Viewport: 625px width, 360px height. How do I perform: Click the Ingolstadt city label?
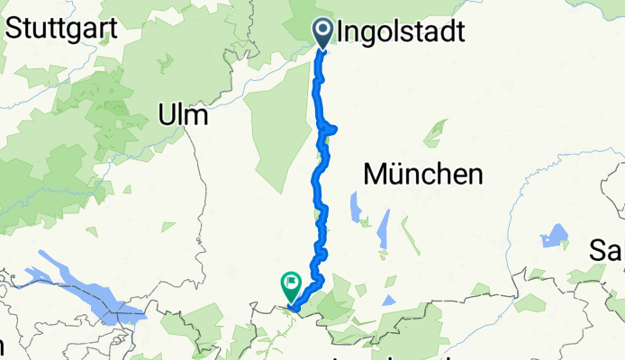(402, 33)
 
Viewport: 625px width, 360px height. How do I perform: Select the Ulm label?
(183, 115)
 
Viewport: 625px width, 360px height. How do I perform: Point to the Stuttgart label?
(62, 27)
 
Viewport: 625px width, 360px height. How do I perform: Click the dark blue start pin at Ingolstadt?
(323, 33)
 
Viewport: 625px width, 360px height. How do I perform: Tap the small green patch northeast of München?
(435, 133)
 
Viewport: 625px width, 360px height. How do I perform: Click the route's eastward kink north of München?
(332, 130)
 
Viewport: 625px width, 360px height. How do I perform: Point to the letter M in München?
(376, 174)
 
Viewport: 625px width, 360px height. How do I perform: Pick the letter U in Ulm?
(167, 115)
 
